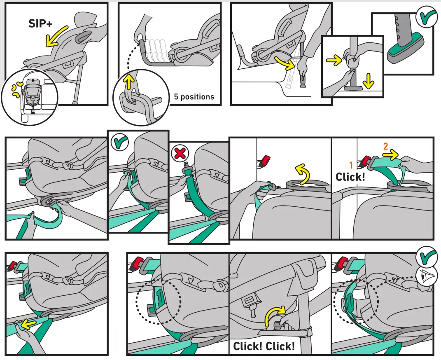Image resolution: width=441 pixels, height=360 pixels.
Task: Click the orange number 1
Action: point(352,165)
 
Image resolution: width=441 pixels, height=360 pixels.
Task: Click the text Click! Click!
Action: point(264,346)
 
